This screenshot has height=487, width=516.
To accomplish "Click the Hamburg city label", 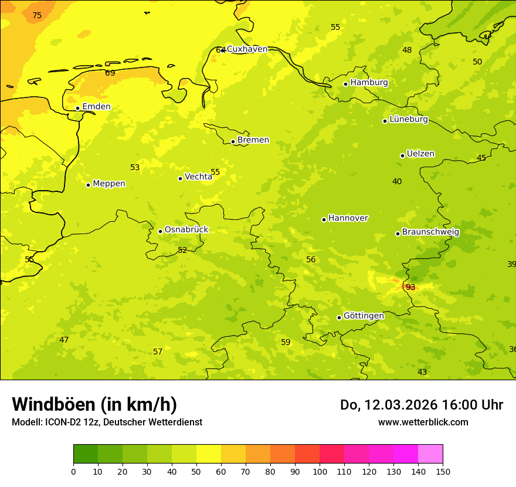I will point(369,83).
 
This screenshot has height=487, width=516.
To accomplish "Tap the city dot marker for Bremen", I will point(233,141).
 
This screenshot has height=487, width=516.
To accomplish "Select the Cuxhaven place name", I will point(247,49).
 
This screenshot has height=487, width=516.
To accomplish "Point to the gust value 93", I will point(410,288).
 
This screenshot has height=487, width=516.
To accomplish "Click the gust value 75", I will point(37,16).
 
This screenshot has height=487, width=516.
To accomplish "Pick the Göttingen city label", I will point(364,316).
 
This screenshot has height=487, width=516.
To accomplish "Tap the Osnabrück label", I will point(186,230).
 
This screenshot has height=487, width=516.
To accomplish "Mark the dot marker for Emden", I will point(77,108).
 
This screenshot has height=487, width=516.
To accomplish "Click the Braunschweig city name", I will point(430,232).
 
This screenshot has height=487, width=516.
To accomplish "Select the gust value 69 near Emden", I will point(110,73).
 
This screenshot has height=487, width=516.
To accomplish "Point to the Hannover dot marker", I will point(324,219).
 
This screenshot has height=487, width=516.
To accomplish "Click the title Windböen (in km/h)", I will point(94,404).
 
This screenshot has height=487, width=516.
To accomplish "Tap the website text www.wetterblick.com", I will point(423,422).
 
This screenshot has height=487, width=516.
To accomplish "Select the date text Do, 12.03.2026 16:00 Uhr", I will point(421,405).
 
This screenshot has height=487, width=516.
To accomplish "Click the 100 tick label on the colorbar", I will point(320,471).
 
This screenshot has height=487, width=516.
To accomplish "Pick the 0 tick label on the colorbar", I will point(73,471).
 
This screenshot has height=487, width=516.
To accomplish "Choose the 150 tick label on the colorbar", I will point(443,471).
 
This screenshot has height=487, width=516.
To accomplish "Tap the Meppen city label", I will point(109,184).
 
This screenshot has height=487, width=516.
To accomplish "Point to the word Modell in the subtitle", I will point(26,422).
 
